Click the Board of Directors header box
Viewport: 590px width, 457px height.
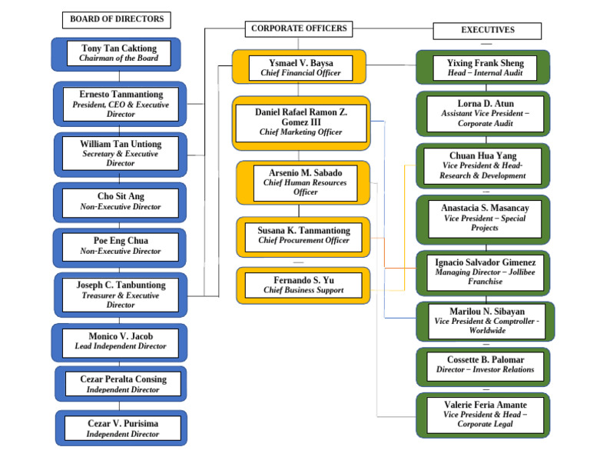pos(117,19)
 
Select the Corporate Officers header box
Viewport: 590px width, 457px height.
pos(299,29)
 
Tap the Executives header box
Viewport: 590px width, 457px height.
pos(487,31)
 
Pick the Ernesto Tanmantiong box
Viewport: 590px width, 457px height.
pos(120,104)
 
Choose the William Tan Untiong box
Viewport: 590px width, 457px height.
pos(120,153)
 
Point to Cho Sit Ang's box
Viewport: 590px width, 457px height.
pos(120,202)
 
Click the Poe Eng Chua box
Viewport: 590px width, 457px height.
pos(120,246)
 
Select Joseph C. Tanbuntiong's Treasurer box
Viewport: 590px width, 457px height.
pos(120,295)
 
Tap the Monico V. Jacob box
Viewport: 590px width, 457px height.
pos(120,342)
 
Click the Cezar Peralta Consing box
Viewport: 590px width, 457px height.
pos(120,384)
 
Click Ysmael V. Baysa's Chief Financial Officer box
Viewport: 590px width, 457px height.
pos(300,68)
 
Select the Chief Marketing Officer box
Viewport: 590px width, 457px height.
pos(300,122)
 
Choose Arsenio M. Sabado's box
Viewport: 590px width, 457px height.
pos(305,182)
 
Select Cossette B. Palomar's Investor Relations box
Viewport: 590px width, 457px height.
pos(485,365)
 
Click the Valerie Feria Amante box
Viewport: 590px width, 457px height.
pos(485,415)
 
